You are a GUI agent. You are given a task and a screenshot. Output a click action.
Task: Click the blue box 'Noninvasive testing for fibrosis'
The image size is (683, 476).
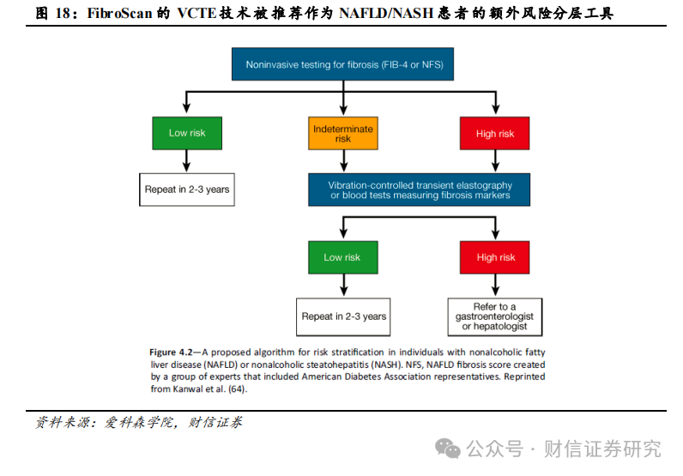(344, 64)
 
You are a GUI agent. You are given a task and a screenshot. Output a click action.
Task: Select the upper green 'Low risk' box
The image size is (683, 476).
(187, 133)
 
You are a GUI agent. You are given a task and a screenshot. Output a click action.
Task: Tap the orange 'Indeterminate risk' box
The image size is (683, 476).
(343, 133)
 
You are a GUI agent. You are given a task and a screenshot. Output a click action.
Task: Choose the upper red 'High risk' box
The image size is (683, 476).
(494, 133)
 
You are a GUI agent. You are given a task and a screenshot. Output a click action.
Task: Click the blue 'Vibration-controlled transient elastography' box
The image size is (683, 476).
(420, 190)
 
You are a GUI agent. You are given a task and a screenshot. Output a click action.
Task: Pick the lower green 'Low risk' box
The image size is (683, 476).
(342, 257)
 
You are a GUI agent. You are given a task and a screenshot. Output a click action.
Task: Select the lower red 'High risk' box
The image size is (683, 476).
(496, 257)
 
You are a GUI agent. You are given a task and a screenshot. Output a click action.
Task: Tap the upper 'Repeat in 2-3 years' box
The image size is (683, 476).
(187, 190)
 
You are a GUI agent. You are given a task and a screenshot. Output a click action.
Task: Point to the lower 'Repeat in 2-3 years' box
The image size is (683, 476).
(343, 316)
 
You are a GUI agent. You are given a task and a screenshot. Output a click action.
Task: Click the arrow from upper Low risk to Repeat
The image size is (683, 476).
(187, 162)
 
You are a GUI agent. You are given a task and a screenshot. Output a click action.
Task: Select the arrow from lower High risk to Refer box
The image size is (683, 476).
(496, 286)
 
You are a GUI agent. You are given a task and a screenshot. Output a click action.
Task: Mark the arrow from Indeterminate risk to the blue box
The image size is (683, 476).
(343, 162)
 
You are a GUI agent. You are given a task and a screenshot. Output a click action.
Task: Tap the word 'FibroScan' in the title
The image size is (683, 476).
(124, 13)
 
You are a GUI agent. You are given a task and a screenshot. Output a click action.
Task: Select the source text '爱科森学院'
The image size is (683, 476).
(135, 422)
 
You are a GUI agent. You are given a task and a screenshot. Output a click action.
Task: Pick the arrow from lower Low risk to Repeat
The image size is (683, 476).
(343, 286)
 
